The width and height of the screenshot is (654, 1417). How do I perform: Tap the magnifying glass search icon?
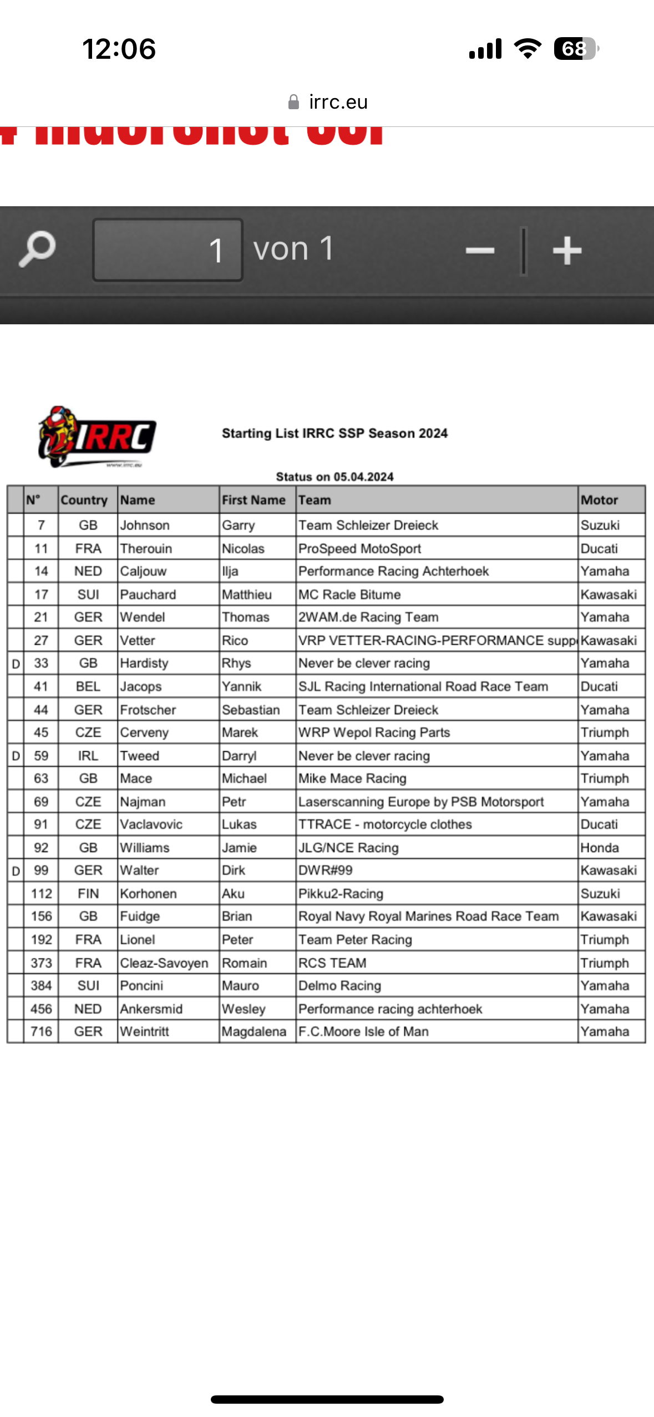coord(37,249)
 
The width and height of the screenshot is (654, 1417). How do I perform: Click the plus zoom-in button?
coord(567,251)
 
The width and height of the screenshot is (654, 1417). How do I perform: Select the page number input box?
coord(168,249)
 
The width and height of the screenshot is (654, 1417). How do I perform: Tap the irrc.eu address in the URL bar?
coord(338,102)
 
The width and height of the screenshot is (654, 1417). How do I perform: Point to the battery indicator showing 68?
coord(576,49)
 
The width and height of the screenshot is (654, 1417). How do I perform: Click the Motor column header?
coord(599,500)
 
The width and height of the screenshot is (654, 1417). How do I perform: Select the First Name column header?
coord(254,500)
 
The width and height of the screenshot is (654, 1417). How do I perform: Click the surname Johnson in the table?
coord(145,525)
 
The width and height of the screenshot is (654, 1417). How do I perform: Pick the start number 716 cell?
coord(41,1032)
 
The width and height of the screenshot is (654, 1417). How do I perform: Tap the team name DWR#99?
coord(326,870)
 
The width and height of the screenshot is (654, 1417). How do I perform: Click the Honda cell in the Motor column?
coord(599,848)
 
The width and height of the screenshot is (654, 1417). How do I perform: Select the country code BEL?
coord(88,686)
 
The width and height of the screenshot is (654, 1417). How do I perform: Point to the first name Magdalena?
coord(254,1032)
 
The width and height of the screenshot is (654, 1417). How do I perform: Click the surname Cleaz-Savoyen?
coord(164,963)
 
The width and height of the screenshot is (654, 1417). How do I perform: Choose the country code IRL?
coord(88,756)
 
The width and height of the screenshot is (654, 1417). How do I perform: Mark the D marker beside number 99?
coord(16,871)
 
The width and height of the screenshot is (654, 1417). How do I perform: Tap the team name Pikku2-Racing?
coord(341,894)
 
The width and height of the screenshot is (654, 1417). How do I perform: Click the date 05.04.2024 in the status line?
coord(363,477)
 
